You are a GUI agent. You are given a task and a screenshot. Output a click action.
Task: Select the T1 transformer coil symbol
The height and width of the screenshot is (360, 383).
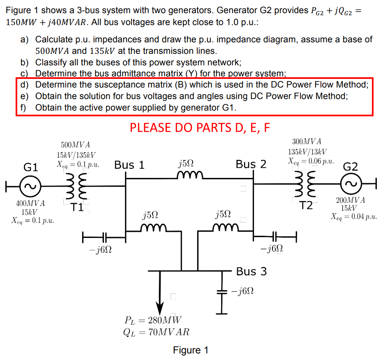(x=76, y=185)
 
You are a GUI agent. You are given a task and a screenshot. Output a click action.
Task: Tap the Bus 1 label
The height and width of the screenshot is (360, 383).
(x=129, y=165)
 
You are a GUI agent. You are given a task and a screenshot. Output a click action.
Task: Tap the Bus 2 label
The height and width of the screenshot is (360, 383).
(x=251, y=164)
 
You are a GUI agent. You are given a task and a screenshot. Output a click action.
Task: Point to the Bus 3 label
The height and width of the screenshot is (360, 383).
(x=251, y=272)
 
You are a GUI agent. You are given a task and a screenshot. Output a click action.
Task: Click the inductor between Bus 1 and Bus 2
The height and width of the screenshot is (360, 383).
(x=187, y=176)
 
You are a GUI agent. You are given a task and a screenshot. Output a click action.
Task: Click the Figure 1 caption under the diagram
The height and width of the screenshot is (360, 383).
(x=191, y=350)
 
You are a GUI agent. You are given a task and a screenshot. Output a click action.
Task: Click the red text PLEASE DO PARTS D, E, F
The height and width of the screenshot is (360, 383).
(x=200, y=127)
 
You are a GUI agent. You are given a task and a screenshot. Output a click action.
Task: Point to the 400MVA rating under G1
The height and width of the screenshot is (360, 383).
(x=31, y=203)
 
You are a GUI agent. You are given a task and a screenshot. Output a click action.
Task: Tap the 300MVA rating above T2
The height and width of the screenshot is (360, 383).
(x=307, y=142)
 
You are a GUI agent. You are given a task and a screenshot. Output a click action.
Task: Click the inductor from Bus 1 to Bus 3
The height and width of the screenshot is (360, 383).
(x=153, y=227)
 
